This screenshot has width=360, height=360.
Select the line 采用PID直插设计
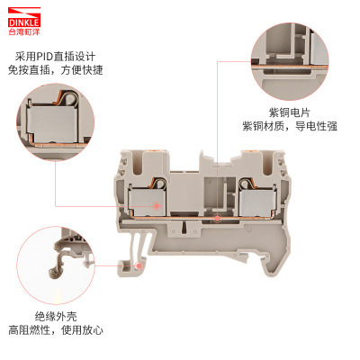53,57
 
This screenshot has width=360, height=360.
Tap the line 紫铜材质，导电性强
290,127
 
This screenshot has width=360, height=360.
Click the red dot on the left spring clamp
158,207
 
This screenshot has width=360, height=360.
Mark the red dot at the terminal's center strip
216,218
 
